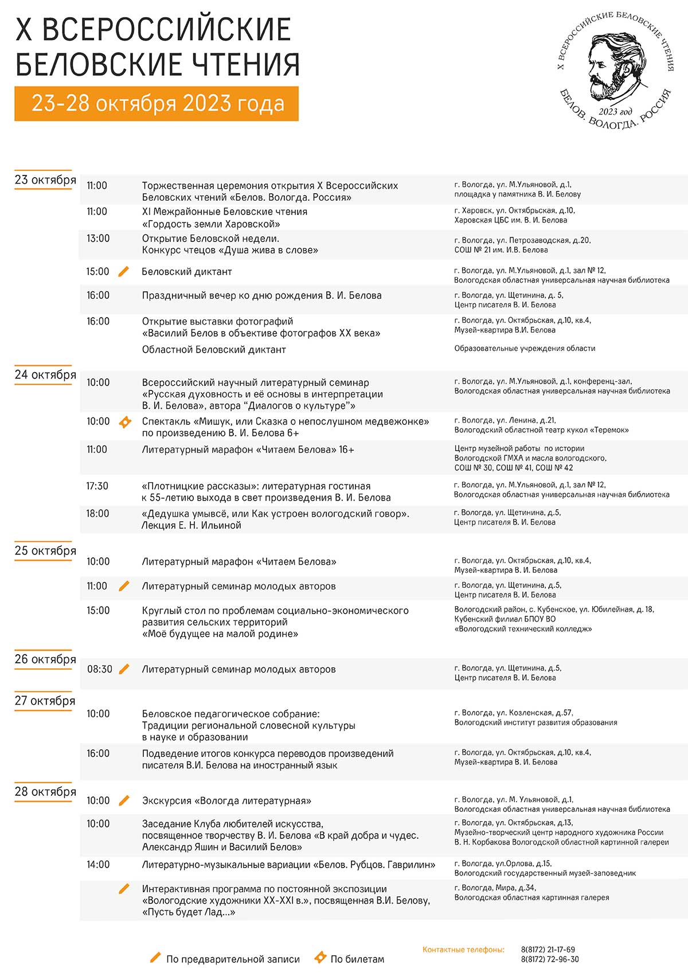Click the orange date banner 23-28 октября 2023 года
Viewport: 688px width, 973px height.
point(157,103)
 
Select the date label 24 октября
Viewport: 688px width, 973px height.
point(45,374)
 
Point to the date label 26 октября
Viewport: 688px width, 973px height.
point(45,659)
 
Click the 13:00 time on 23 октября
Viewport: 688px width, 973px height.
point(97,239)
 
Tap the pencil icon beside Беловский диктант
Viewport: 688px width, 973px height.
point(123,272)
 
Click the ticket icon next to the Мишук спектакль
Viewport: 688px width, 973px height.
point(124,422)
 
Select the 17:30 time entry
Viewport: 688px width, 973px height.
point(97,486)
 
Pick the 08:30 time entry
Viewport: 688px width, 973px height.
point(99,669)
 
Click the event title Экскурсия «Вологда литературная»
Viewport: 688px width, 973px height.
point(226,800)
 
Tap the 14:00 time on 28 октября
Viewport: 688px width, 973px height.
point(97,865)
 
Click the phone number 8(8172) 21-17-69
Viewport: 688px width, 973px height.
point(548,949)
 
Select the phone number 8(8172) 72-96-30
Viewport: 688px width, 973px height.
point(549,959)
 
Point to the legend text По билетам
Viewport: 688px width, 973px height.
point(357,959)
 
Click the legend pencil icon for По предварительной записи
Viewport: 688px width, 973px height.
point(155,958)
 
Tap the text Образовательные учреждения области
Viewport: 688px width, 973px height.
point(525,349)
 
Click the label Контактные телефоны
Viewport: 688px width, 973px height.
point(463,950)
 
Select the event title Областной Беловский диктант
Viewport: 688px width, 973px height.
point(214,350)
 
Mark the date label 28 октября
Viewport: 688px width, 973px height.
point(45,791)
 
